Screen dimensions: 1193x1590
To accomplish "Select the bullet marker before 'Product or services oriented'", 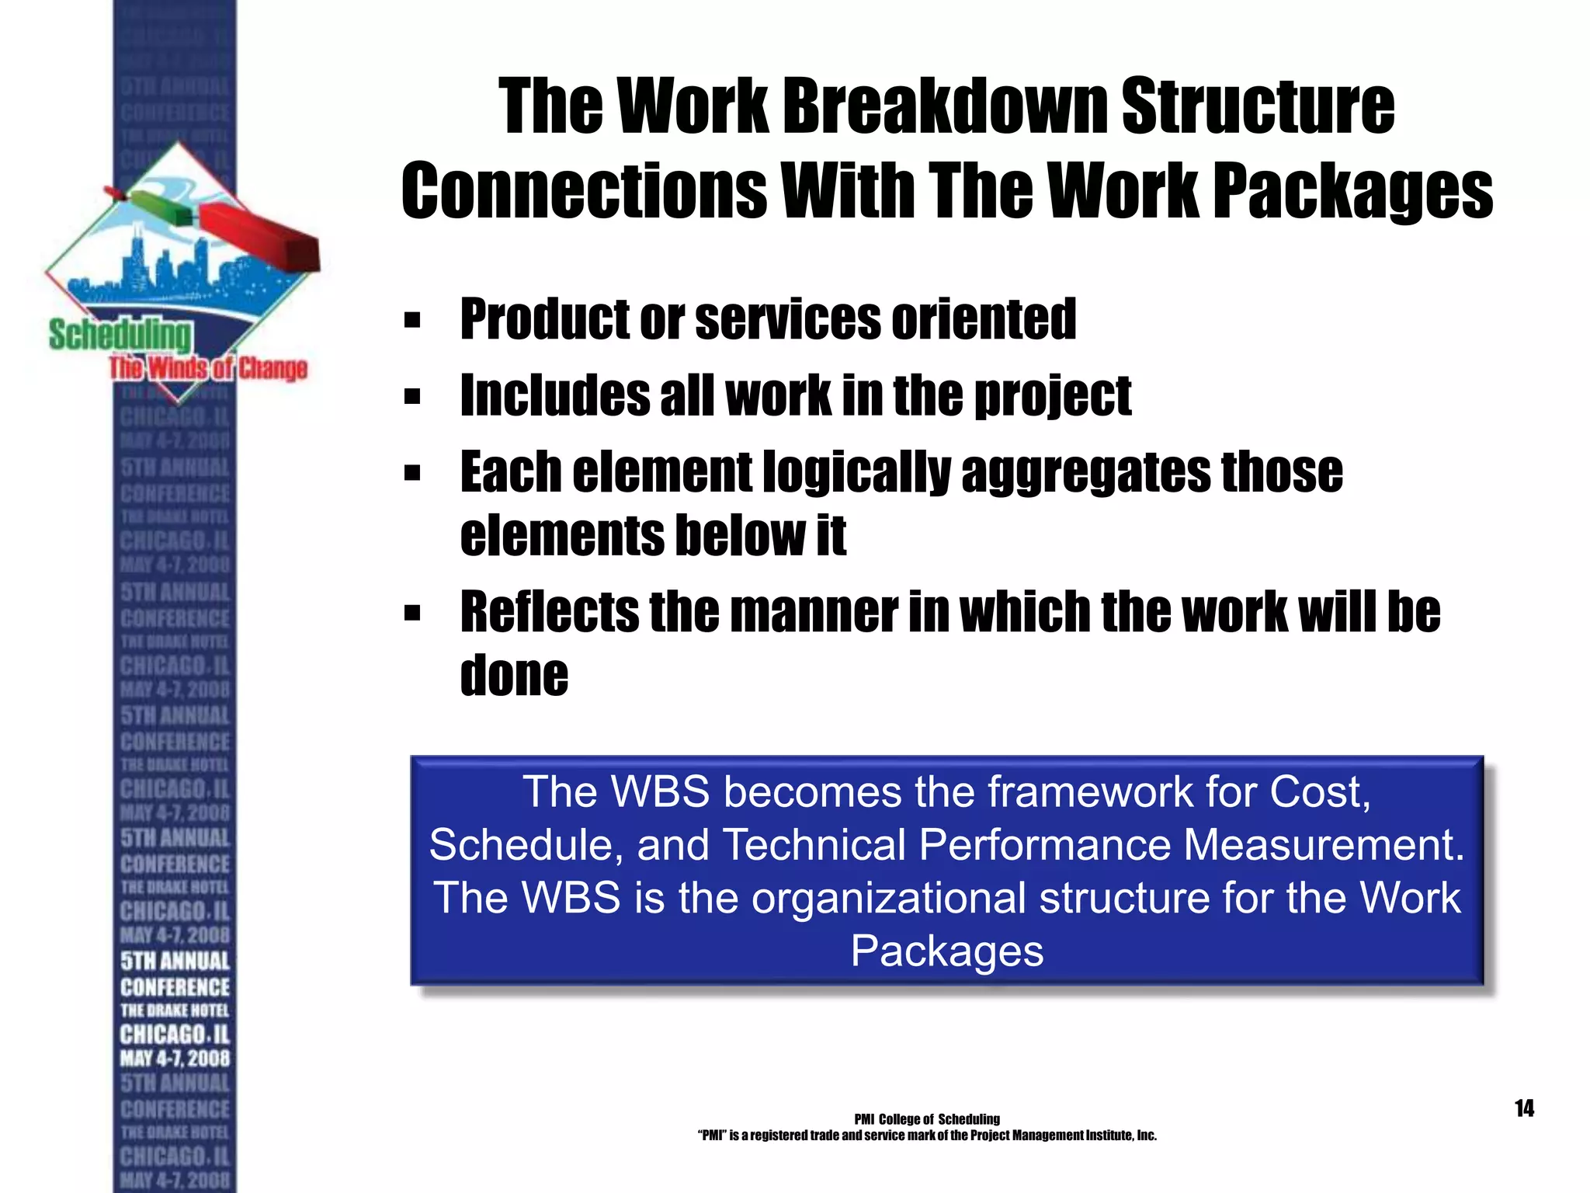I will pos(412,320).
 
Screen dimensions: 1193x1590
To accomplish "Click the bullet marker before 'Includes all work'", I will pos(412,397).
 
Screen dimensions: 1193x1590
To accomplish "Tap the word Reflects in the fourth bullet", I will pos(548,612).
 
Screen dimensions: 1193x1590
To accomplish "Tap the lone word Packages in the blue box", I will pos(946,951).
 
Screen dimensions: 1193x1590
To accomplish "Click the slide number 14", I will pos(1524,1108).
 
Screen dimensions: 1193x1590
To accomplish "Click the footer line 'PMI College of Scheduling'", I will pos(926,1119).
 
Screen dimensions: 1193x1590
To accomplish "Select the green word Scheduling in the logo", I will pos(120,336).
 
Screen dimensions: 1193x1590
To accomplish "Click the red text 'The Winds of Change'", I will pos(208,368).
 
